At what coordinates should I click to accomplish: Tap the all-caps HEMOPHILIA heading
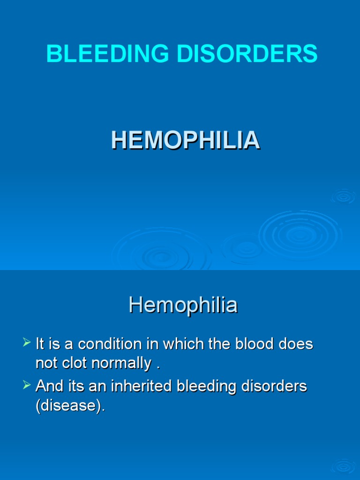point(185,140)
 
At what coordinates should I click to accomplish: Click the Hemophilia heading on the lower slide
point(183,306)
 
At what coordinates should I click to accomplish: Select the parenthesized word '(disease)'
point(70,405)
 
